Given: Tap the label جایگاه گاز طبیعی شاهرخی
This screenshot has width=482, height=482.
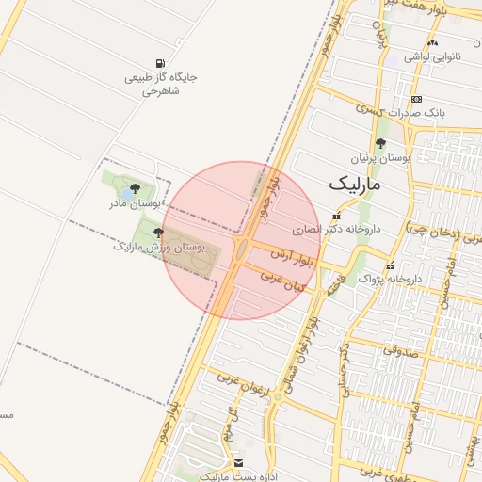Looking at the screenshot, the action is click(x=161, y=85).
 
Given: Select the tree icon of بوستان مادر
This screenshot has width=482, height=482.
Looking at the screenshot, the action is click(x=136, y=189).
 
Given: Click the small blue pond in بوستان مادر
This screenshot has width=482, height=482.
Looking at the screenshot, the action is click(x=126, y=196).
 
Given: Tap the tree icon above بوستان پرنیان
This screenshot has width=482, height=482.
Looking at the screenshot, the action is click(x=380, y=144).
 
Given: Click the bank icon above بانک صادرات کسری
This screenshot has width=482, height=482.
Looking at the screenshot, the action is click(x=416, y=99).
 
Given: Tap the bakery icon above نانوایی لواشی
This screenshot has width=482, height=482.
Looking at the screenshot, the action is click(x=432, y=42).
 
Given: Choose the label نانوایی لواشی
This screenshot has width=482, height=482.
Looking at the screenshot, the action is click(x=432, y=56).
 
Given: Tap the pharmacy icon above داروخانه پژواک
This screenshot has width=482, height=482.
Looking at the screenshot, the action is click(x=390, y=265).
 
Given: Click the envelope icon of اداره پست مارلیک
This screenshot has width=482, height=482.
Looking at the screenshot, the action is click(x=238, y=463).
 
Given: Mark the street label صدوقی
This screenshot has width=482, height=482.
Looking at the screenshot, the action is click(x=396, y=350).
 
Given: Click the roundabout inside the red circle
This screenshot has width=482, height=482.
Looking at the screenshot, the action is click(x=242, y=249).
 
